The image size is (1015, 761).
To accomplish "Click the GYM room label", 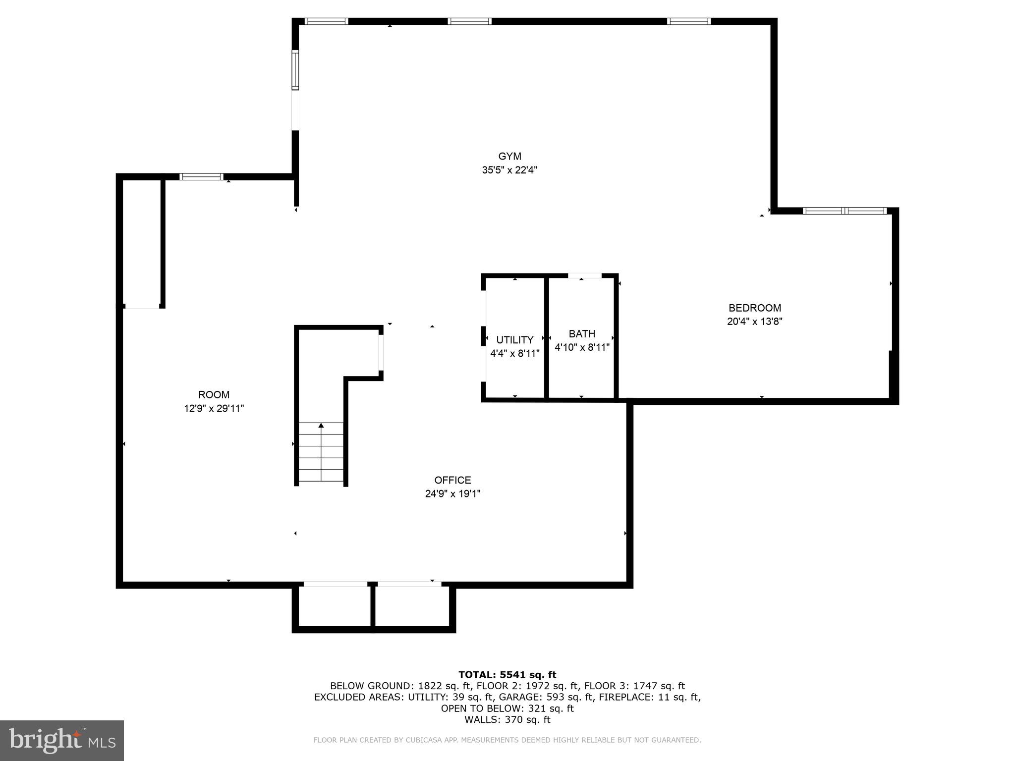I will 509,157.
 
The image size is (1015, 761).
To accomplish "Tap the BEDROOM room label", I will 754,308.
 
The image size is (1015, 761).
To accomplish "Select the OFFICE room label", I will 452,480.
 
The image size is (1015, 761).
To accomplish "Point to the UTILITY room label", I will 514,340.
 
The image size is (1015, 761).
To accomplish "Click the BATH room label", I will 582,334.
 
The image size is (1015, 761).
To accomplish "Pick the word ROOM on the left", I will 214,395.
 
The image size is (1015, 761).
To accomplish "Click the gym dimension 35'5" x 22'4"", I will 509,170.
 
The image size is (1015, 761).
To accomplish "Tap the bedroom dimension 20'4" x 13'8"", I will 754,322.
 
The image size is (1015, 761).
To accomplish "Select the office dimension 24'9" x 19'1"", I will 452,494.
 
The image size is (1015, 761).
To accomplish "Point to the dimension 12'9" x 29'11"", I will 214,409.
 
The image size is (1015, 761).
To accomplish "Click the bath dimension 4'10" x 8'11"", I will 582,348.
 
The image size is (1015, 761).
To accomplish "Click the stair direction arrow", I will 321,426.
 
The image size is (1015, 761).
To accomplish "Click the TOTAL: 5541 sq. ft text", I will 507,674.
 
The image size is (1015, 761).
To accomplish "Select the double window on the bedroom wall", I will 845,211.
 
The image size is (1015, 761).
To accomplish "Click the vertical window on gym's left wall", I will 295,70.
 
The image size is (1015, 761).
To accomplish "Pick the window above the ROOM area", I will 201,177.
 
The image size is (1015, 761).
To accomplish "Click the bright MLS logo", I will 62,740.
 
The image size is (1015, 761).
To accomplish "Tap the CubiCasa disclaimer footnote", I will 507,740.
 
